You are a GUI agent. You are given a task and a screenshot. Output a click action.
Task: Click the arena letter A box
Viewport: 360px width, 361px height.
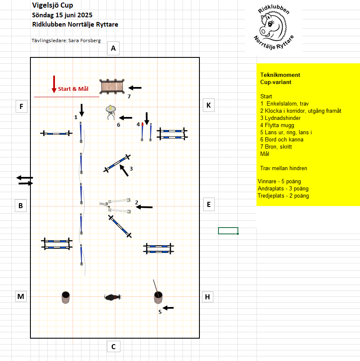point(113,49)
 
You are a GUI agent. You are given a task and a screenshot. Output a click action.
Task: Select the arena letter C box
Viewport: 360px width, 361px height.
point(113,347)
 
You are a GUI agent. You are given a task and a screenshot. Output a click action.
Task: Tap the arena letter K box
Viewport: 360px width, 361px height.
point(208,105)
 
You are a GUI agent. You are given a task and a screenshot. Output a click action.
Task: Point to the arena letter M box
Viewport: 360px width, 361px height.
point(20,296)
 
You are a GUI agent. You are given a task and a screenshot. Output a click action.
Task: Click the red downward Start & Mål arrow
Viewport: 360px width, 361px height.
point(54,84)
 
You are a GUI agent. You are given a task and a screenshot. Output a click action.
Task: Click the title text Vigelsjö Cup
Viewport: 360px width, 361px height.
point(52,5)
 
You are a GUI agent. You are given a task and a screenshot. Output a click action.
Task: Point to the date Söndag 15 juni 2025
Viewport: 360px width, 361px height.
point(62,15)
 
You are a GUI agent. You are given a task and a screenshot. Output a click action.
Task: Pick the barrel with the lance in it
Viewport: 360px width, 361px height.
point(158,297)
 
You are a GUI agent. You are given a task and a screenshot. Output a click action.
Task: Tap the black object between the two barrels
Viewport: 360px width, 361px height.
point(112,297)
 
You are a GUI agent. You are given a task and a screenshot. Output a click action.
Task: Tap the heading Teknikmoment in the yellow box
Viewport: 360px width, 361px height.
point(280,75)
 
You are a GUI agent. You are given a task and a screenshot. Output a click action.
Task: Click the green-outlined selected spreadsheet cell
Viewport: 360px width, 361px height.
point(228,231)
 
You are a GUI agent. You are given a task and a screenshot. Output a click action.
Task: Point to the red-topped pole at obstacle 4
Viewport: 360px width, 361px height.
point(143,132)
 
